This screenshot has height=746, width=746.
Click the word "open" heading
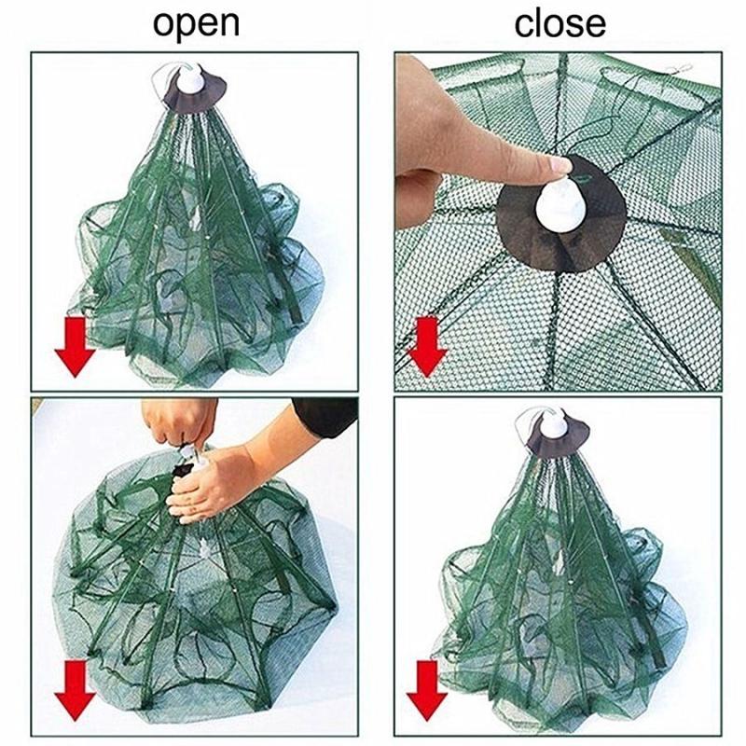(196, 25)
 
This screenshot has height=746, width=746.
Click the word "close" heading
(560, 24)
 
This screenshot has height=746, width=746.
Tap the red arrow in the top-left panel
(76, 347)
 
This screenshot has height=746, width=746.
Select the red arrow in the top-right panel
(427, 347)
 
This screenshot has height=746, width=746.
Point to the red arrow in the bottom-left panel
(76, 689)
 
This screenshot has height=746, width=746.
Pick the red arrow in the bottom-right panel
(427, 689)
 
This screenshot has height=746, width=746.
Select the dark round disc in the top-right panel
(561, 214)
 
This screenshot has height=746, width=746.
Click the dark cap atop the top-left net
(194, 92)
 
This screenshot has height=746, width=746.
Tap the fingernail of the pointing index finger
(560, 165)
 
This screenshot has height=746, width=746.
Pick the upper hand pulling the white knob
(182, 422)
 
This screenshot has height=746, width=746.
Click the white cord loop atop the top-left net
(161, 78)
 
